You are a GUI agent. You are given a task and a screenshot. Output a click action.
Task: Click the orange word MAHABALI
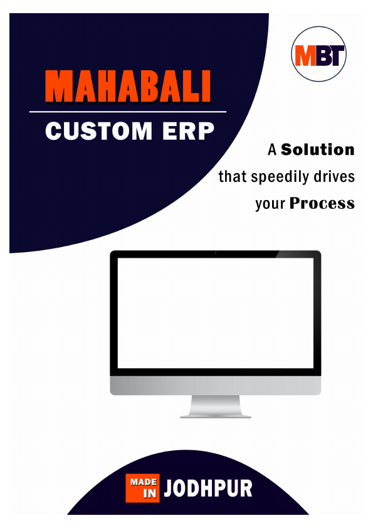pos(129,87)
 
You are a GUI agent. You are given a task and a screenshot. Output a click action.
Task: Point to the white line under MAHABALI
pos(128,112)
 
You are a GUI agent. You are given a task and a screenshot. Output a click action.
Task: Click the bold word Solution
pos(318,150)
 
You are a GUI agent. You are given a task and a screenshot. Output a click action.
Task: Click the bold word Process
pos(322,204)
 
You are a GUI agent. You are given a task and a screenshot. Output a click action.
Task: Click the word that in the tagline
pos(232,177)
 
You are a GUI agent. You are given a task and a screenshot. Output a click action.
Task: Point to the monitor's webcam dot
pos(216,254)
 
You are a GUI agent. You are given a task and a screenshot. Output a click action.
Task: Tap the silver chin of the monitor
pos(215,386)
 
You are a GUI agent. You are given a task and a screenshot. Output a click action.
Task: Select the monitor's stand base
pos(215,414)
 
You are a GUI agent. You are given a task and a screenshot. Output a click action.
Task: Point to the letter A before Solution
pos(272,150)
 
